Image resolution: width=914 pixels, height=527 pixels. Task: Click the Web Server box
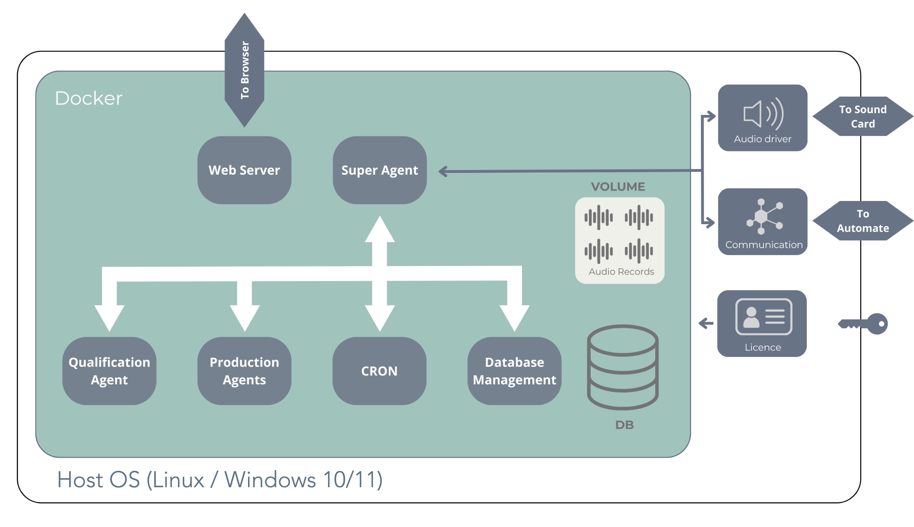(244, 170)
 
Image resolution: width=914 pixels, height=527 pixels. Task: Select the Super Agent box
(380, 170)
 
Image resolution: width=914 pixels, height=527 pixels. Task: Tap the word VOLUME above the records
(618, 187)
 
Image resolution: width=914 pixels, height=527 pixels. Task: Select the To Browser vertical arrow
(244, 70)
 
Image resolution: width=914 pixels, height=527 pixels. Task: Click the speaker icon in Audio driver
(763, 114)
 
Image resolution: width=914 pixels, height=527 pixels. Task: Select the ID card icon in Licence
(763, 316)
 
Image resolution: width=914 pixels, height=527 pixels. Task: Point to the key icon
(864, 323)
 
